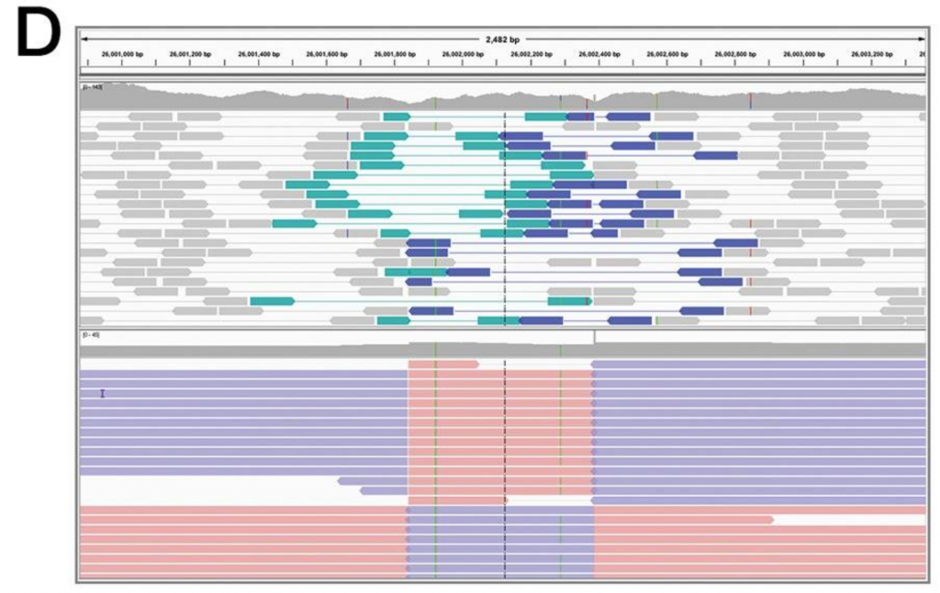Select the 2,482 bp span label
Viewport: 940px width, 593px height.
[x=502, y=39]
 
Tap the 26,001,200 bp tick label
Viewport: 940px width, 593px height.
[x=191, y=54]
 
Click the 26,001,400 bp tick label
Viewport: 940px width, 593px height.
[x=259, y=54]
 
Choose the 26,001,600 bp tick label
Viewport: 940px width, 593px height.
[x=327, y=54]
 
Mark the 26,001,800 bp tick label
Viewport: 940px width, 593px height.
[x=395, y=54]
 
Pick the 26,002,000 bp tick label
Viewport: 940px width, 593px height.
[x=464, y=54]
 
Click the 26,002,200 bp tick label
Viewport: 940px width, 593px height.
[x=532, y=54]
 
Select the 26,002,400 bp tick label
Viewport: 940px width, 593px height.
[x=599, y=54]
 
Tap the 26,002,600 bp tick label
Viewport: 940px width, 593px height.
[x=667, y=54]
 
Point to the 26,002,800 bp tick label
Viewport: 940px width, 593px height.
[x=735, y=54]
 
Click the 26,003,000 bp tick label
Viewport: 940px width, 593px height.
[x=803, y=54]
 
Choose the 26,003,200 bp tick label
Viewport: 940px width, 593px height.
[x=872, y=54]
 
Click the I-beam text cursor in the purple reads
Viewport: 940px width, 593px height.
[x=103, y=394]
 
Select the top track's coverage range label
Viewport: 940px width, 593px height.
[x=93, y=88]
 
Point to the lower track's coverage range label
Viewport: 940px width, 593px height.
[x=90, y=335]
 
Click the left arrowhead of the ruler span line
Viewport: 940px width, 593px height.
[x=84, y=39]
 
